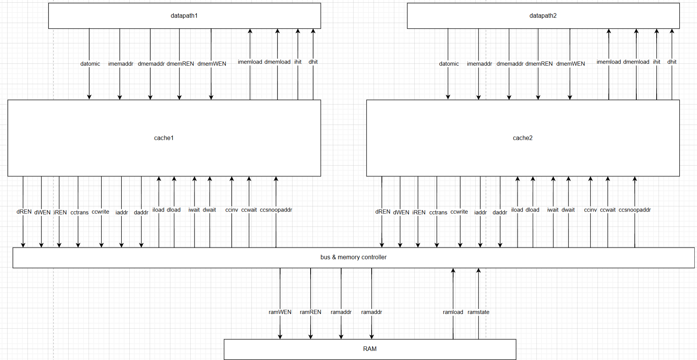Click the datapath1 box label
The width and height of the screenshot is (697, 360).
pyautogui.click(x=184, y=16)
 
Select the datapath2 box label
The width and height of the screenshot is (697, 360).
pyautogui.click(x=543, y=16)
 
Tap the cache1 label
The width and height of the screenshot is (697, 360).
pyautogui.click(x=164, y=138)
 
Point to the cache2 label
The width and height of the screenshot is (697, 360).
pyautogui.click(x=522, y=138)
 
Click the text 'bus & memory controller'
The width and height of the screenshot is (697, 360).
pyautogui.click(x=353, y=257)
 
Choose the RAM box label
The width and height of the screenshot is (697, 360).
pyautogui.click(x=370, y=349)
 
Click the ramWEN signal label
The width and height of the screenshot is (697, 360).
pyautogui.click(x=280, y=312)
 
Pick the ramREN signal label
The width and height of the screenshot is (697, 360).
pyautogui.click(x=310, y=312)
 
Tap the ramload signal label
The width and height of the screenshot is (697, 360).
pyautogui.click(x=453, y=312)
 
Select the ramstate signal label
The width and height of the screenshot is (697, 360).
pyautogui.click(x=478, y=312)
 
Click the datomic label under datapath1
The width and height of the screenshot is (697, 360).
pyautogui.click(x=90, y=64)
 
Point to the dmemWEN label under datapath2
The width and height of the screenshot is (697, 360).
pyautogui.click(x=570, y=64)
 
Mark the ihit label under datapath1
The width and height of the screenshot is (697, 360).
pyautogui.click(x=298, y=62)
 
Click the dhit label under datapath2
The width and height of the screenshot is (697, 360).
pyautogui.click(x=672, y=62)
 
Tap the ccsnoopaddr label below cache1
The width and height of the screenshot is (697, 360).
pyautogui.click(x=276, y=210)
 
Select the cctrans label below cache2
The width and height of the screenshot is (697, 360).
pyautogui.click(x=438, y=212)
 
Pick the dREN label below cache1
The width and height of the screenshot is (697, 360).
pyautogui.click(x=24, y=212)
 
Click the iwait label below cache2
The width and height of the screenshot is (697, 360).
pyautogui.click(x=553, y=210)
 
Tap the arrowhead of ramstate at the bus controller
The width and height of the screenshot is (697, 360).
pyautogui.click(x=478, y=271)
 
